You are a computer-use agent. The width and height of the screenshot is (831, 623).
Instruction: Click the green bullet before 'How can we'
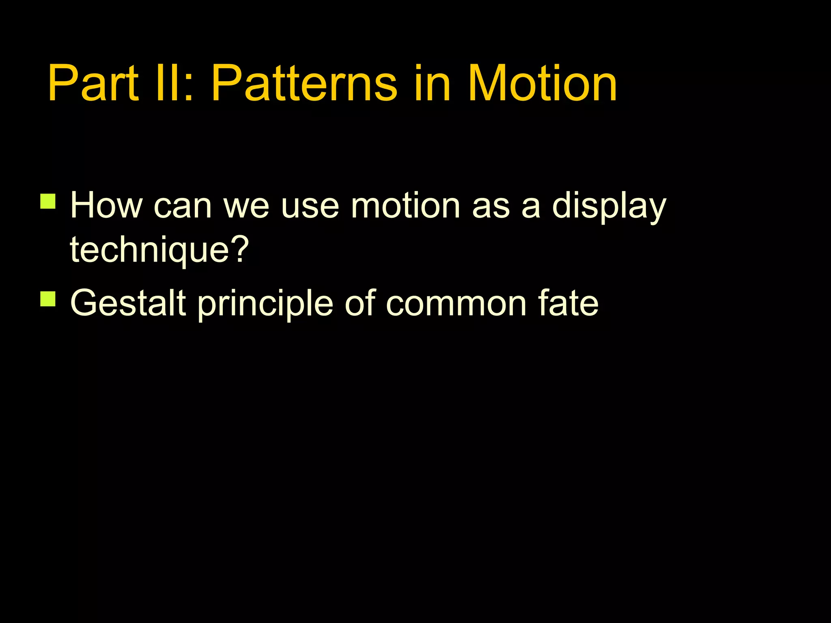(x=48, y=201)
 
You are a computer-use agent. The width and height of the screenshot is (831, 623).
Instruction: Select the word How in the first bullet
(x=106, y=206)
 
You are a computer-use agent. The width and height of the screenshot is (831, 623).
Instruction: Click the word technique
(x=148, y=251)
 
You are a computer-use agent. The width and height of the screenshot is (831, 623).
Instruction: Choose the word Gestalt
(x=128, y=303)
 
